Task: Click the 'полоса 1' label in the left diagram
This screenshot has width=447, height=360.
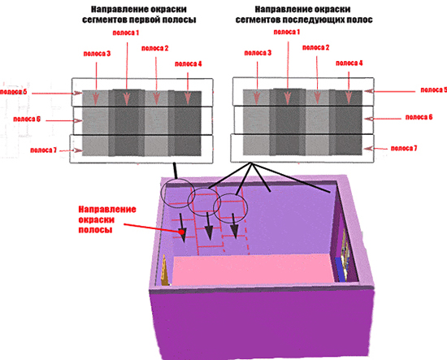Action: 126,33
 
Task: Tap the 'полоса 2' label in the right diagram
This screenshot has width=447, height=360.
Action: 315,48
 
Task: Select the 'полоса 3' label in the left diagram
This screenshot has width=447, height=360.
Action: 97,54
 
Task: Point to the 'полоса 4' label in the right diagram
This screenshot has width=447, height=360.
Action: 349,63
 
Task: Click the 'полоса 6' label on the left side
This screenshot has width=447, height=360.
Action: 27,119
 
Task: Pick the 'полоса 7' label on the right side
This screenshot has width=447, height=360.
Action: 404,148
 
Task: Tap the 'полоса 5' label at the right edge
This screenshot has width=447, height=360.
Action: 434,90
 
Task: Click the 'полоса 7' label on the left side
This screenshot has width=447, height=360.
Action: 43,150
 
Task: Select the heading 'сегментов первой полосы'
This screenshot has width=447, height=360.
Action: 139,20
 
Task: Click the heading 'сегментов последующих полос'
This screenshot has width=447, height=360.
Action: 304,20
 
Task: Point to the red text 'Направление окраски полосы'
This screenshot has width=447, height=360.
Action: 107,219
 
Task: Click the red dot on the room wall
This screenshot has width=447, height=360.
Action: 181,232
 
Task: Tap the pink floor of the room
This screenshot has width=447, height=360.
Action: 253,270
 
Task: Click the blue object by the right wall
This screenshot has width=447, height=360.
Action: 340,269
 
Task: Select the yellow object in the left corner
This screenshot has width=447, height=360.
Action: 165,271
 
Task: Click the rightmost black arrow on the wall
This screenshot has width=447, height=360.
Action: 234,226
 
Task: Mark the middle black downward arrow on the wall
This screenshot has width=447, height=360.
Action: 209,226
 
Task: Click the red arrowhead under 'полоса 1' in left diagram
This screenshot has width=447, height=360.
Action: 127,98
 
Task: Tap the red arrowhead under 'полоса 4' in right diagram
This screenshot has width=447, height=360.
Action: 349,98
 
